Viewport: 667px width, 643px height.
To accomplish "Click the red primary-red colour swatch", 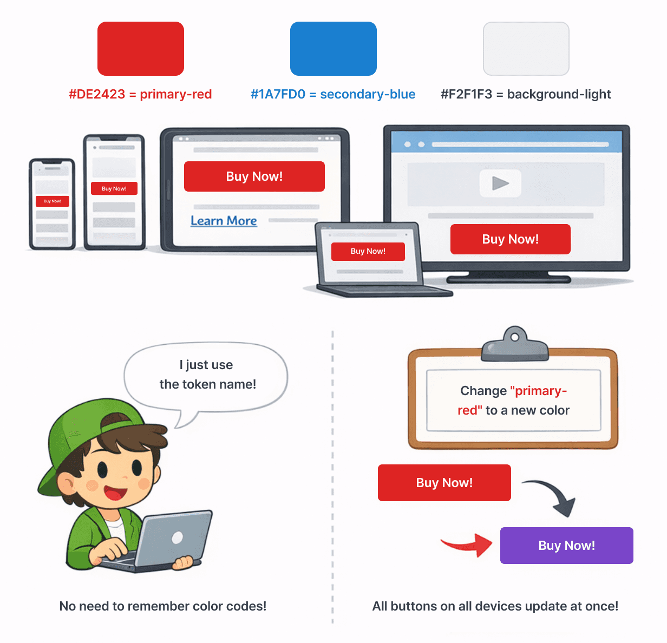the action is [141, 49].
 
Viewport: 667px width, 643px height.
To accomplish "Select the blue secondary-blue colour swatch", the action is [333, 49].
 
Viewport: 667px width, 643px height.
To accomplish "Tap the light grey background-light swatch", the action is [526, 49].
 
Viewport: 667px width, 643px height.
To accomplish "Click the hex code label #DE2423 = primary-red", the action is [140, 94].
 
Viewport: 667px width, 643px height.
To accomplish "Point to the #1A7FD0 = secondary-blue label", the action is [333, 94].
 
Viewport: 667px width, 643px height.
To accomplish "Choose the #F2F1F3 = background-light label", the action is [526, 94].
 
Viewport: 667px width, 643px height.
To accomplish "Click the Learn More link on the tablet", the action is [224, 221].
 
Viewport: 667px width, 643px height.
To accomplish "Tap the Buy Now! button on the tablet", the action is [254, 176].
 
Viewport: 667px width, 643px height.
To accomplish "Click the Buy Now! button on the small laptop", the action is [368, 251].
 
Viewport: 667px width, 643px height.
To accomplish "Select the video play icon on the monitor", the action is [500, 183].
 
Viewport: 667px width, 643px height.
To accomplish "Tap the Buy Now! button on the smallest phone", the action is [53, 201].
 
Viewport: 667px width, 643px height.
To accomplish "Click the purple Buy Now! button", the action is [566, 546].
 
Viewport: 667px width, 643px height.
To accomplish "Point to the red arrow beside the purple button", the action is [468, 544].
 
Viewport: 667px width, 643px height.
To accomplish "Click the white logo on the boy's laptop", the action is [177, 537].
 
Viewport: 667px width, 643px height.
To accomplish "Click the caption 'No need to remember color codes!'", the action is [163, 606].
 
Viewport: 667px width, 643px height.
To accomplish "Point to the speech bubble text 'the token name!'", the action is [208, 384].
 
